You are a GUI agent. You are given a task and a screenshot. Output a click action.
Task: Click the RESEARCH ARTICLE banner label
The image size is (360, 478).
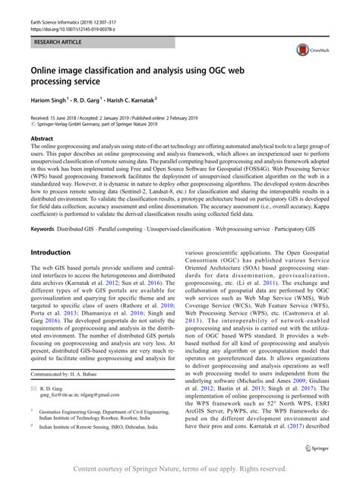(x=55, y=36)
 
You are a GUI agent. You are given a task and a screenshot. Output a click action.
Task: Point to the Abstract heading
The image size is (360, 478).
(x=41, y=140)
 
